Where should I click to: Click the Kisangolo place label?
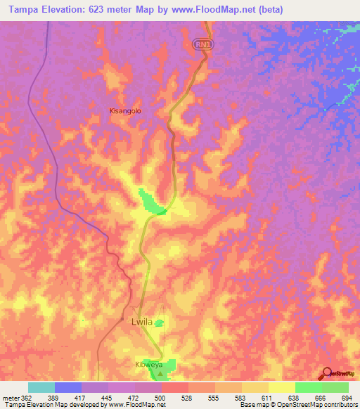126,110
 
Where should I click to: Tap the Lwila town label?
141,322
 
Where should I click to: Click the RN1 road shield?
203,44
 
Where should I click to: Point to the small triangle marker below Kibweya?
160,374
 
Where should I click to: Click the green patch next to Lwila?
160,323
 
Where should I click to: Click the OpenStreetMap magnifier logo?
326,373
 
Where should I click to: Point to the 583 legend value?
241,397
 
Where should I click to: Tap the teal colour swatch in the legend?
41,387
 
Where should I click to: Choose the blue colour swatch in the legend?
67,387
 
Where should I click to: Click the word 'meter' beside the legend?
10,397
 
